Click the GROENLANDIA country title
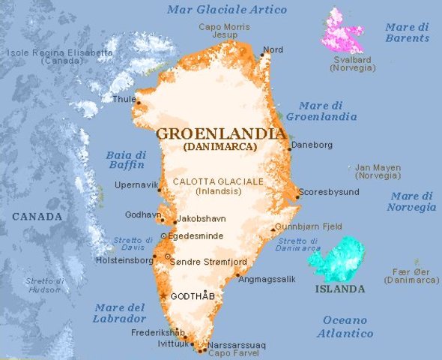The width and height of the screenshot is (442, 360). (x=220, y=134)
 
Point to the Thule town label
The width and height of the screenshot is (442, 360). (x=124, y=98)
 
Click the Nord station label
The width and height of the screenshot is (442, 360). (x=273, y=50)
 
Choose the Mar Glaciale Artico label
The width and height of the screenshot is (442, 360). (x=227, y=10)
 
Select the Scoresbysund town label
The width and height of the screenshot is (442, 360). (x=329, y=192)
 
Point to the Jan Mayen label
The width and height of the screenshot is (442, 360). (x=378, y=172)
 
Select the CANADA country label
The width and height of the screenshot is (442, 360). (x=37, y=217)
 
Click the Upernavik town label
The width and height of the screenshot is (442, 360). (x=137, y=185)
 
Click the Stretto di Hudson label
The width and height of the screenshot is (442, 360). (x=44, y=285)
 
